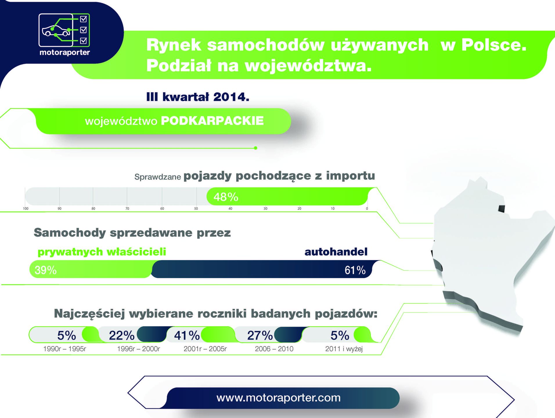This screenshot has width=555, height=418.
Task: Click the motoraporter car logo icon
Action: tap(64, 30)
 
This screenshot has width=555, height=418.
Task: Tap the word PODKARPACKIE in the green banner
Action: tap(212, 121)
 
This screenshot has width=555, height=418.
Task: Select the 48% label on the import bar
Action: tap(226, 197)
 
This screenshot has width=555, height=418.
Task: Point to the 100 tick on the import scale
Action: tap(26, 208)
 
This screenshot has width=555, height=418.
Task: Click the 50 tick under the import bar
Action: tap(196, 208)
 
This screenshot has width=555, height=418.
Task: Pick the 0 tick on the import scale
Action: tap(367, 208)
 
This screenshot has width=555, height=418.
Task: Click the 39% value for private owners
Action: tap(46, 270)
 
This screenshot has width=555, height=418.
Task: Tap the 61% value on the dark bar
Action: tap(355, 270)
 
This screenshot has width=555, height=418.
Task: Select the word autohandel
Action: tap(336, 252)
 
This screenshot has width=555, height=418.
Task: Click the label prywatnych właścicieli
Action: tap(102, 252)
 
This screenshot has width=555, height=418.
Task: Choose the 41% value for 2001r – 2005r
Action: tap(187, 336)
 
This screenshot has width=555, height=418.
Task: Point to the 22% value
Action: tap(122, 336)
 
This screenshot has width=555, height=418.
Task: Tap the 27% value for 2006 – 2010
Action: tap(260, 336)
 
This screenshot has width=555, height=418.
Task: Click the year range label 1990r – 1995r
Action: tap(64, 349)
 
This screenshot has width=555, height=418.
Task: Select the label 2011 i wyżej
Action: tap(344, 349)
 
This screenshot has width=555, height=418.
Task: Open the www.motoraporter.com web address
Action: tap(278, 398)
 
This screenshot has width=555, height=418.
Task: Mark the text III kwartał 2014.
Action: tap(198, 97)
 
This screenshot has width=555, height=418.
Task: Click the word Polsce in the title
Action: tap(494, 45)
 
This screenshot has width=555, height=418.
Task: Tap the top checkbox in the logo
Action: tap(83, 19)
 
